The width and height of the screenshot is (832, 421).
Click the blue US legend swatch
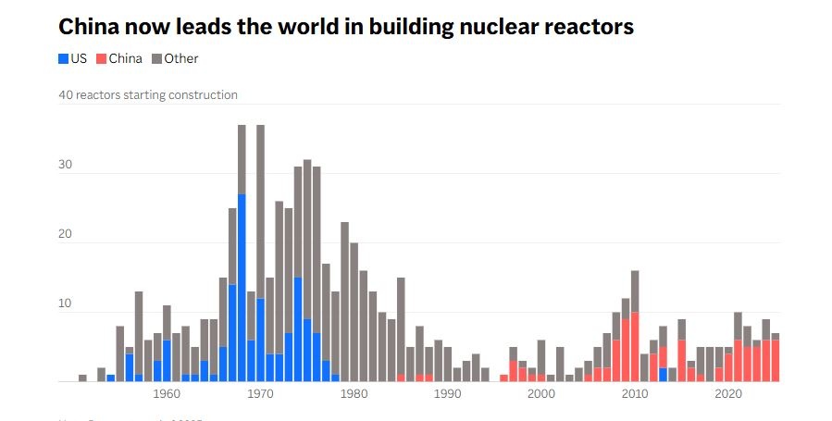64,59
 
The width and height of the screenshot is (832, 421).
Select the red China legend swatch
102,59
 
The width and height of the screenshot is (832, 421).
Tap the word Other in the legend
181,59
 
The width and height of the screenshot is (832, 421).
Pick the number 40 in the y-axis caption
66,94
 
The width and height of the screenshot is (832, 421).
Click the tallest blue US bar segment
242,287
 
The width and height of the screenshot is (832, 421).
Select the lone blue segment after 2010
664,374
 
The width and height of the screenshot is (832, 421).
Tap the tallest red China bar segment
635,346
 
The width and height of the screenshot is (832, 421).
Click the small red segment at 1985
401,378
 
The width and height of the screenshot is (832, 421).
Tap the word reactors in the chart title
590,27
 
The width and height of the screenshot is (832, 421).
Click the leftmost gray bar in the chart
82,378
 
